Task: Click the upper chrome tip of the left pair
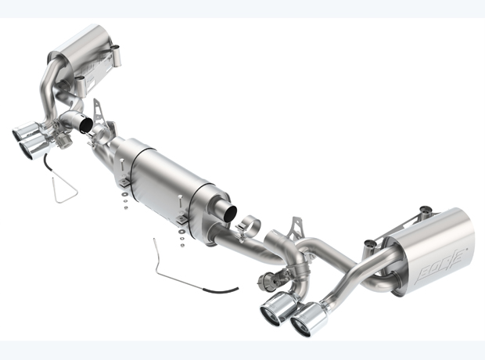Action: [25, 131]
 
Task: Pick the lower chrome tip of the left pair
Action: [34, 146]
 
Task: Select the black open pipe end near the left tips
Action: [86, 124]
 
